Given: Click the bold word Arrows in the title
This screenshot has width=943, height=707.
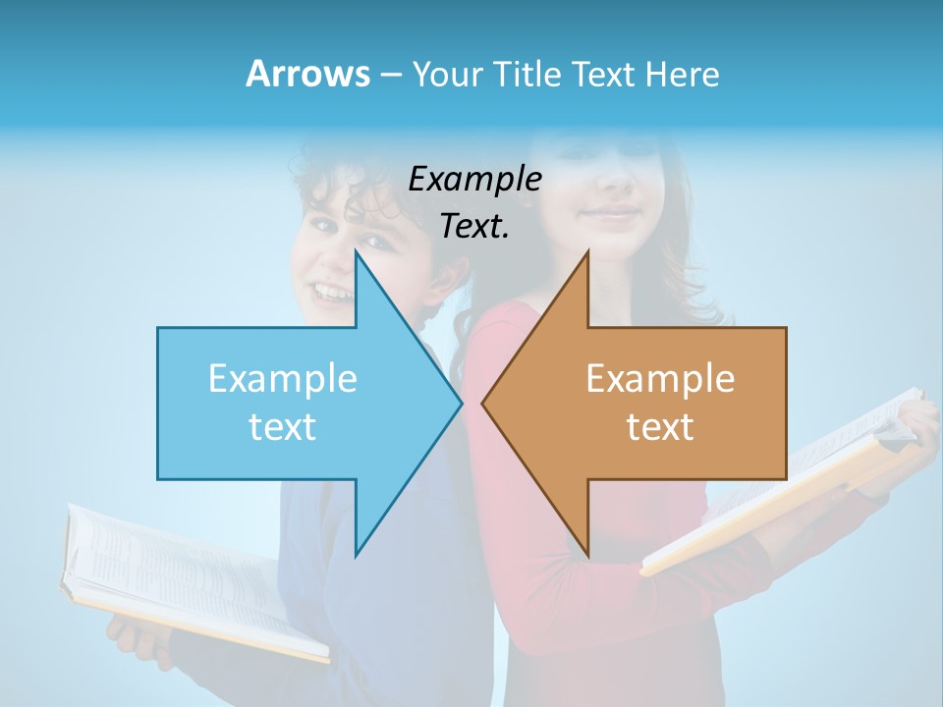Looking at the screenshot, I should pyautogui.click(x=307, y=74).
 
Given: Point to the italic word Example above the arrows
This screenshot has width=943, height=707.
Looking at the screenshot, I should pyautogui.click(x=474, y=179).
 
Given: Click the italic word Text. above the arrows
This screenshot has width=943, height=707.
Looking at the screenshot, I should pyautogui.click(x=474, y=226).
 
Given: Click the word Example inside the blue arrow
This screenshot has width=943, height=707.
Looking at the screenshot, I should pyautogui.click(x=283, y=378).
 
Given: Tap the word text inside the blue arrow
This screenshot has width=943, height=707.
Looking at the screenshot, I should pyautogui.click(x=283, y=426).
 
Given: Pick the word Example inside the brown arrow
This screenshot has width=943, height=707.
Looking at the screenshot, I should pyautogui.click(x=660, y=378).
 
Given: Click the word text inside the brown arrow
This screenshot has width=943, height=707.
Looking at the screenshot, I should pyautogui.click(x=660, y=426).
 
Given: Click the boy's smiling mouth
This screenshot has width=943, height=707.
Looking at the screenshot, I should pyautogui.click(x=332, y=292).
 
